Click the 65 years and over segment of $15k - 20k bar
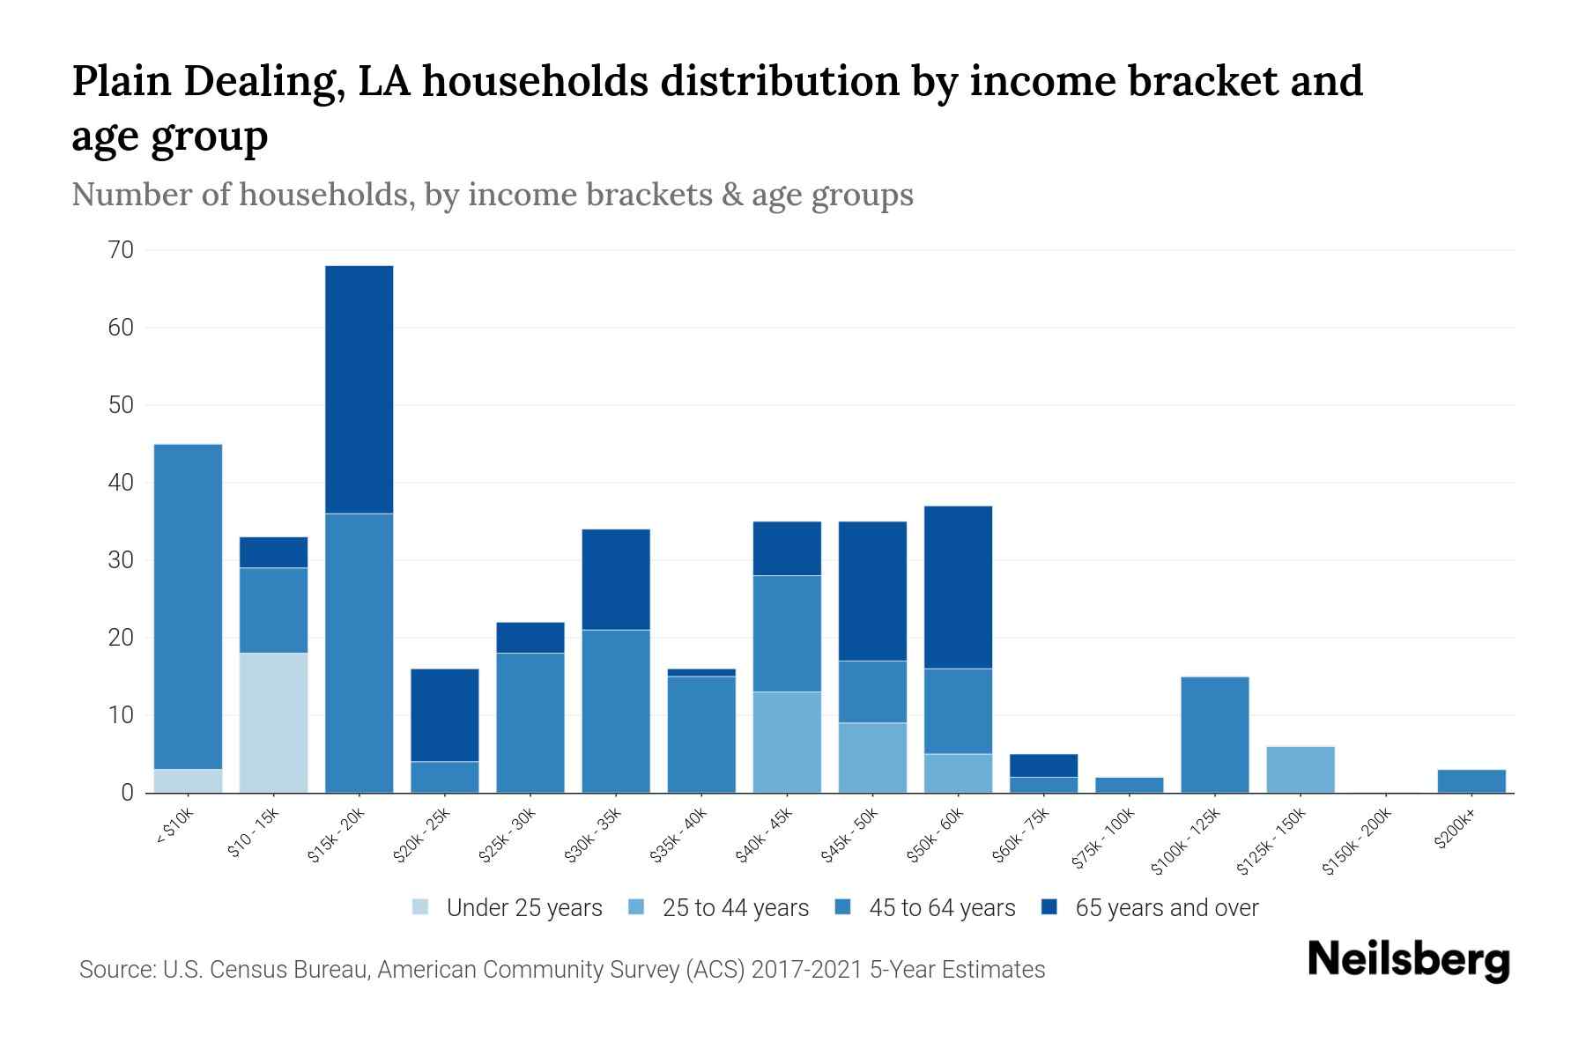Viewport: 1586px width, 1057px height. (359, 389)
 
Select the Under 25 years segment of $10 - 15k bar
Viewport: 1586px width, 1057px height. (273, 722)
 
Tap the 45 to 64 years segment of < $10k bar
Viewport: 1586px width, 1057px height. (188, 607)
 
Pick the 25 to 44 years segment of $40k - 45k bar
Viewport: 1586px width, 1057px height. (787, 742)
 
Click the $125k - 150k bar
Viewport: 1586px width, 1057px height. (1301, 770)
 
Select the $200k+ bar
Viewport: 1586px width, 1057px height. (1471, 781)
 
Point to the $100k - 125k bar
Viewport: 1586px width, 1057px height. (1215, 735)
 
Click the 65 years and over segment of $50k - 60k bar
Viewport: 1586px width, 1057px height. (958, 588)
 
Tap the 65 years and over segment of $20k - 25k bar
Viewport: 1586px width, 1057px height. (445, 715)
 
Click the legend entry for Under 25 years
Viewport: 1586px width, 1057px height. (507, 908)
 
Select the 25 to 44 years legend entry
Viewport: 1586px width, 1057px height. (718, 908)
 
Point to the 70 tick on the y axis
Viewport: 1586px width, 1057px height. (122, 250)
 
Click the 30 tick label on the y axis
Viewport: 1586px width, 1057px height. (122, 560)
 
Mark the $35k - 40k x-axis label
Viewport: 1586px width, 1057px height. (679, 834)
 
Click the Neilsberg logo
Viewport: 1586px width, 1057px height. (1408, 960)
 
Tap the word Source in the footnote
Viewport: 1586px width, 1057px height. (116, 970)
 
